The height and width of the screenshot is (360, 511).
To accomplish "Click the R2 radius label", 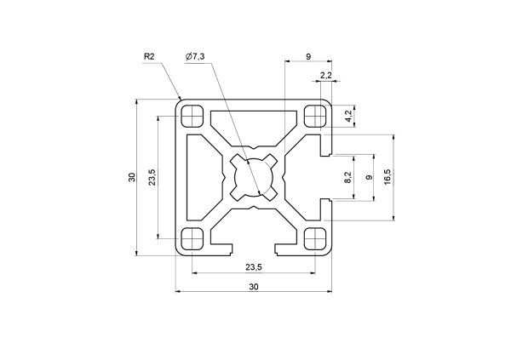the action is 149,56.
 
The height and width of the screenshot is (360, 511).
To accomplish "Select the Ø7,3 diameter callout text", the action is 195,56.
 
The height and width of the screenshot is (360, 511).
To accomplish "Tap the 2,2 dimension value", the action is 326,75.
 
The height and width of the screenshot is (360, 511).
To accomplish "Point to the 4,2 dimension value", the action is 348,116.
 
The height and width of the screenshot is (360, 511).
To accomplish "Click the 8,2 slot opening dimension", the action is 348,177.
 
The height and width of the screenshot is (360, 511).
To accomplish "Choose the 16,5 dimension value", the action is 388,177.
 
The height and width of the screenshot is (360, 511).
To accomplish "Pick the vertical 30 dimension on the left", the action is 132,177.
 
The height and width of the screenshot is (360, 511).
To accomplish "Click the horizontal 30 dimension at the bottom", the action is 254,287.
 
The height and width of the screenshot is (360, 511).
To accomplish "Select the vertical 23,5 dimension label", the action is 152,177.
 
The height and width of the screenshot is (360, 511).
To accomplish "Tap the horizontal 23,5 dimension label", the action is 254,267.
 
